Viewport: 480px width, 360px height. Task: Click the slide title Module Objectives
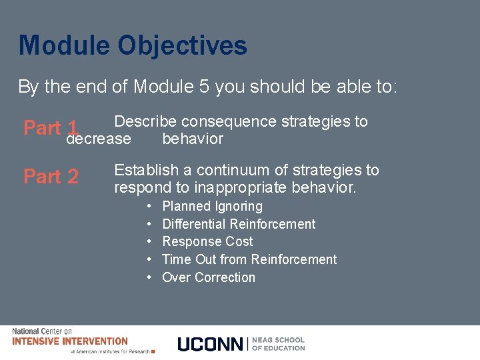[x=133, y=46]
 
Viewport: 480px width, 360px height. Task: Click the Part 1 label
[x=51, y=127]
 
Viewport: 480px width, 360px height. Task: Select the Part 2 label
[x=51, y=176]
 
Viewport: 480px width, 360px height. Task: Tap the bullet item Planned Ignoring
[x=212, y=207]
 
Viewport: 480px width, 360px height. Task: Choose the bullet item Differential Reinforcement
[x=239, y=224]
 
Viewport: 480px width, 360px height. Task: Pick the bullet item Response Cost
[x=207, y=241]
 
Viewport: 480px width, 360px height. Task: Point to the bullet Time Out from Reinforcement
[x=249, y=259]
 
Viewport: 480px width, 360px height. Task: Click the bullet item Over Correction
[x=209, y=277]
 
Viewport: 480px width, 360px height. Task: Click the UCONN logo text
[x=211, y=344]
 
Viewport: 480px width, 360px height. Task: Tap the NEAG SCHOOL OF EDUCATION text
[x=279, y=344]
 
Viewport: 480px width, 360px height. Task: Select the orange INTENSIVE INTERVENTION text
[x=70, y=341]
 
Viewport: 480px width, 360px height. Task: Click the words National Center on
[x=42, y=331]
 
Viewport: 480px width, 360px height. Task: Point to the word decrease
[x=99, y=139]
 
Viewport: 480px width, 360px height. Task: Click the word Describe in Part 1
[x=145, y=121]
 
